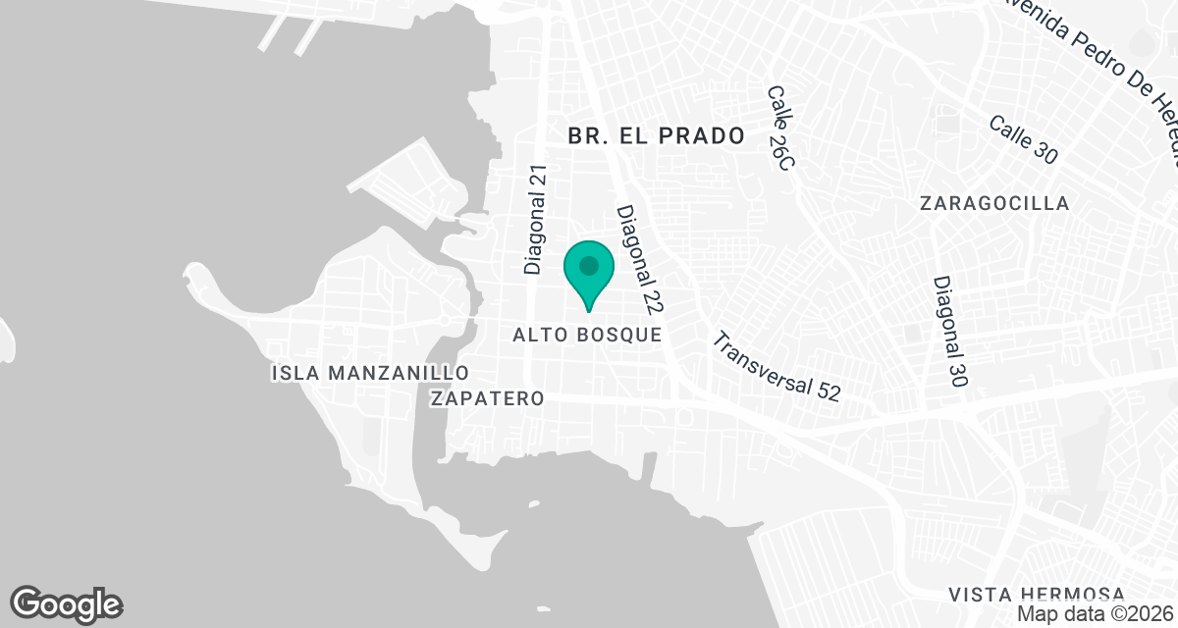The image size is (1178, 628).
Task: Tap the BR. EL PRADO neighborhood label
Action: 657,136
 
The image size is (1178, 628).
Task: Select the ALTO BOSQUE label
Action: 587,336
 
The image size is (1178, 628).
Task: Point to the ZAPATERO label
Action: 488,398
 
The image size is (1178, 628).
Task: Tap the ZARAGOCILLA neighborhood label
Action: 994,203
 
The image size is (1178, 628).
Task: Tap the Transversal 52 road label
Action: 776,367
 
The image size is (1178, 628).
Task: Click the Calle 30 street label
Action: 1024,140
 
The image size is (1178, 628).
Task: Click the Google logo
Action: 66,604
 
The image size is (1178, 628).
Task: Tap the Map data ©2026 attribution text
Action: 1096,614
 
